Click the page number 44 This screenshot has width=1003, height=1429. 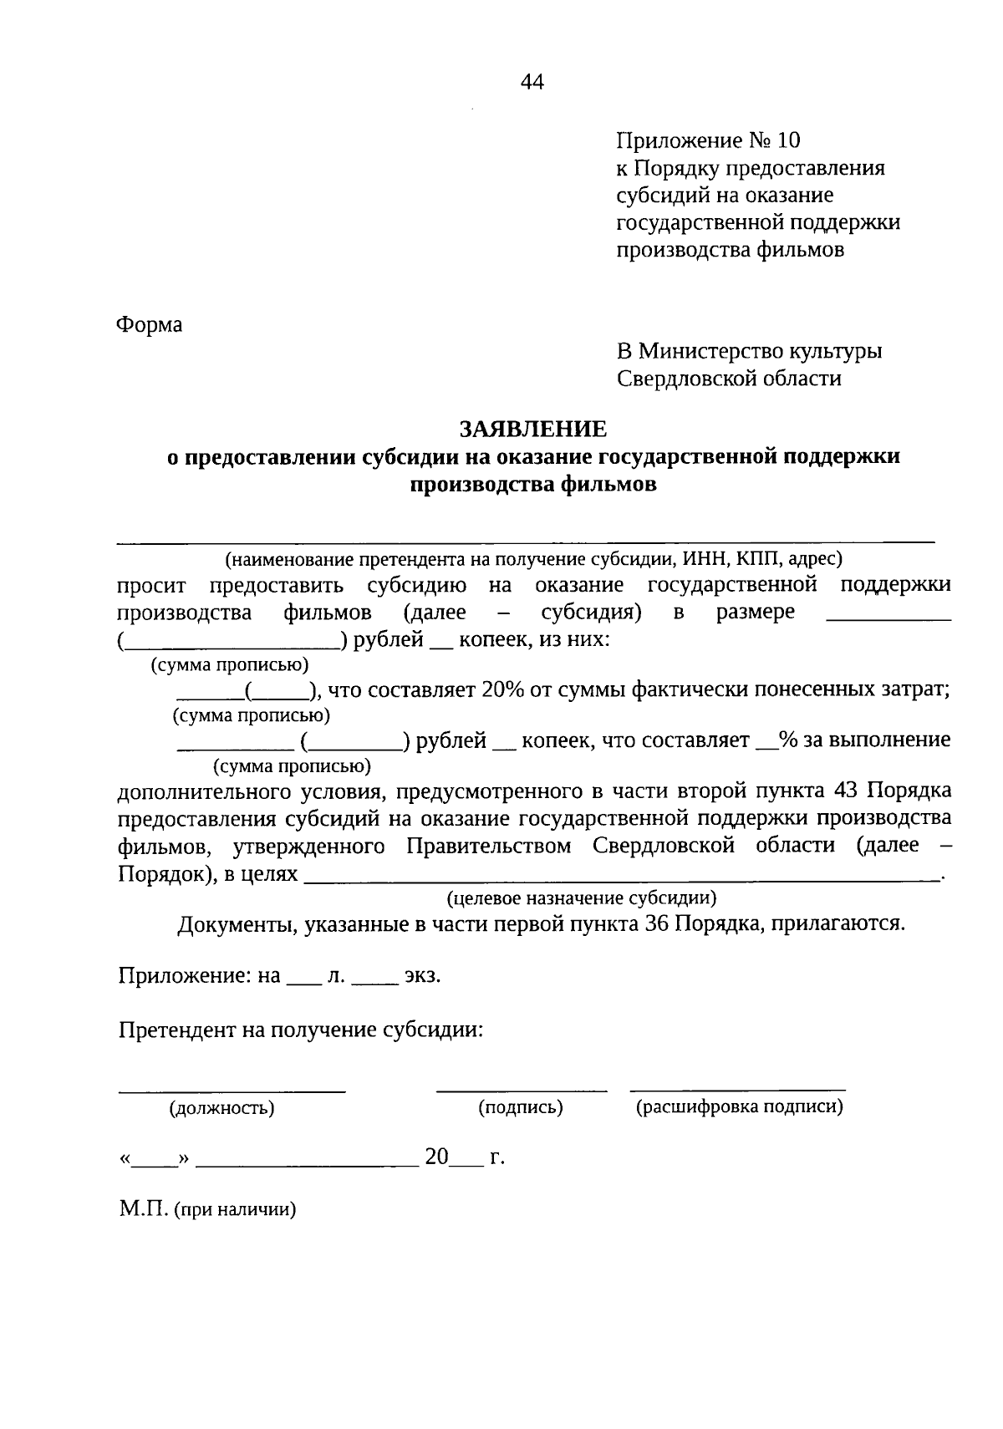(532, 82)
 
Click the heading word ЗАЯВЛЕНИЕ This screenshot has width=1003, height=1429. (533, 429)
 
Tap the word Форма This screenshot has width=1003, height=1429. (150, 324)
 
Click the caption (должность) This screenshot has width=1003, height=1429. (222, 1109)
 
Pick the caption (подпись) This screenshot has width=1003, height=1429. (521, 1108)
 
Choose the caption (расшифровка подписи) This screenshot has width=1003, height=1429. (739, 1108)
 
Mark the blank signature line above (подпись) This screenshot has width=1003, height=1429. (522, 1089)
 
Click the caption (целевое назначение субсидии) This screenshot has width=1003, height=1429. (581, 898)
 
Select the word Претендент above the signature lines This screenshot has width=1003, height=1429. (177, 1029)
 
